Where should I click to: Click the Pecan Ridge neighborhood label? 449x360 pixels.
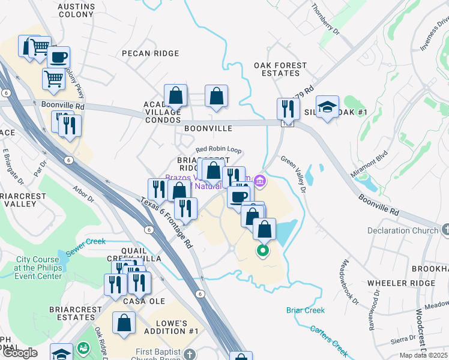(151, 53)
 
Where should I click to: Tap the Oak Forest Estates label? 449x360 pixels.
(280, 69)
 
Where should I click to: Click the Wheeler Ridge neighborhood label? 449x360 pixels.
(401, 283)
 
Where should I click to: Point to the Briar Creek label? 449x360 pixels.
(306, 310)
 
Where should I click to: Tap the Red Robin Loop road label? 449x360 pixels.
(218, 149)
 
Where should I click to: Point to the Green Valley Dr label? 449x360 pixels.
(294, 175)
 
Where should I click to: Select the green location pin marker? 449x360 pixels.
(262, 251)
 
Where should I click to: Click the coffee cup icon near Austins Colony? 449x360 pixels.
(58, 58)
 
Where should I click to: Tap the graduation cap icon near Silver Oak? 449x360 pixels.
(327, 107)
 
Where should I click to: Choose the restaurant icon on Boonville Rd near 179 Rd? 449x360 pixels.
(288, 109)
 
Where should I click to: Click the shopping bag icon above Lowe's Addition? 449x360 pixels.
(124, 323)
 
